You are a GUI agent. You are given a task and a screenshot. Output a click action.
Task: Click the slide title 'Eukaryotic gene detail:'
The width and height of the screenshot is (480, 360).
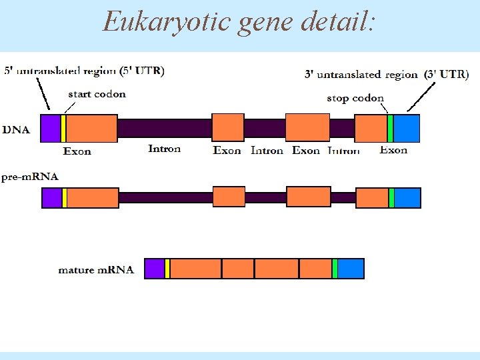[x=239, y=21]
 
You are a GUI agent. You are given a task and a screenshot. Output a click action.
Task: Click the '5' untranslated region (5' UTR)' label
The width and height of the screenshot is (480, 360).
[x=85, y=70]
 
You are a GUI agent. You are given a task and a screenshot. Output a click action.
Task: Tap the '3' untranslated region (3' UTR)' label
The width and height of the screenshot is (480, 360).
[x=386, y=75]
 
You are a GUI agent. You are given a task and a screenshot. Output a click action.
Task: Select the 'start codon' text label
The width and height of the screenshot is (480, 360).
[x=97, y=94]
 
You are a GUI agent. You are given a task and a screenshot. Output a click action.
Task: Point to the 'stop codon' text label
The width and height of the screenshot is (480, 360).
[x=355, y=99]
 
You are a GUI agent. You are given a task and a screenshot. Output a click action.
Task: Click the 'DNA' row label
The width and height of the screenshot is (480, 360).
[x=16, y=129]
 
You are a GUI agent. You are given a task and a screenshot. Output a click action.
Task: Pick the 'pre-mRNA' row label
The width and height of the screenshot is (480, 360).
[x=30, y=177]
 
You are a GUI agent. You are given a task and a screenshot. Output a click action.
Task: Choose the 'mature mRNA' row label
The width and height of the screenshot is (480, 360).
[x=96, y=270]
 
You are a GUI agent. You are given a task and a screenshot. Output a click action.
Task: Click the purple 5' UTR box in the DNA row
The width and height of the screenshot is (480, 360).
[x=50, y=128]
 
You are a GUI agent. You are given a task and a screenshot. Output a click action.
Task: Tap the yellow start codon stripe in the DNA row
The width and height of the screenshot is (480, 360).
[x=63, y=128]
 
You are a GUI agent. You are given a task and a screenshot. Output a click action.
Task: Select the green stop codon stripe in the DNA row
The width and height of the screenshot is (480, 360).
[x=390, y=128]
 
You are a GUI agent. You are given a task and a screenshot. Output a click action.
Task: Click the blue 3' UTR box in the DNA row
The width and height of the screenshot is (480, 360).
[x=407, y=128]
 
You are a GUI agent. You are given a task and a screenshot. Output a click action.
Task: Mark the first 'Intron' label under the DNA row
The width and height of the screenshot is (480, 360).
[x=164, y=149]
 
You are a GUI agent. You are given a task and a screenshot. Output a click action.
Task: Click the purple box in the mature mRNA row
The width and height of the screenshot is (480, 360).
[x=155, y=268]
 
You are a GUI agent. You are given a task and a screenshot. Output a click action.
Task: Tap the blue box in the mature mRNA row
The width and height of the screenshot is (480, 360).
[x=351, y=268]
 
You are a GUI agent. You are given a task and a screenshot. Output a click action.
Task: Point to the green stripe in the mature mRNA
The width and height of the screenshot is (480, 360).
[x=335, y=268]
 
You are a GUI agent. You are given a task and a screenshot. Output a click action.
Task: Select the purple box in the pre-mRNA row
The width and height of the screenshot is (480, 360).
[x=52, y=198]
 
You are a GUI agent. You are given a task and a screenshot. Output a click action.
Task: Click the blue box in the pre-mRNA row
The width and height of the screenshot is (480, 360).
[x=407, y=198]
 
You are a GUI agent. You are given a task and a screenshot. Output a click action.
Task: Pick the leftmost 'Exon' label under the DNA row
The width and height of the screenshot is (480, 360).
[x=77, y=151]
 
